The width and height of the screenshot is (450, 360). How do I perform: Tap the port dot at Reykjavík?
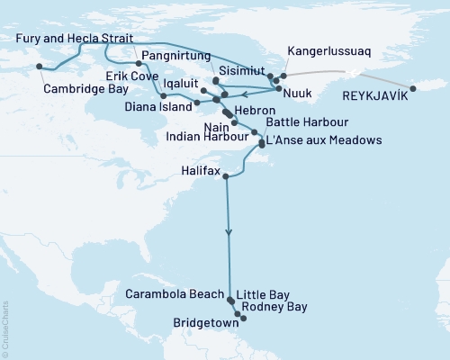413,88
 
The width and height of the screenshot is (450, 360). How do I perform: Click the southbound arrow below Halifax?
229,233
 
